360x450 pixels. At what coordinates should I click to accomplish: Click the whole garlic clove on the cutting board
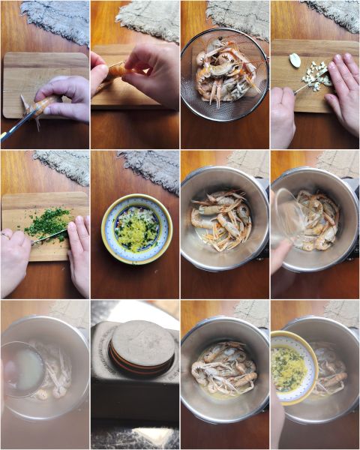(295, 60)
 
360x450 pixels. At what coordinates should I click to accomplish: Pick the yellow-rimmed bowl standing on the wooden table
(136, 228)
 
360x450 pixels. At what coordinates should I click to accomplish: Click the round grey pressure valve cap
(142, 343)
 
